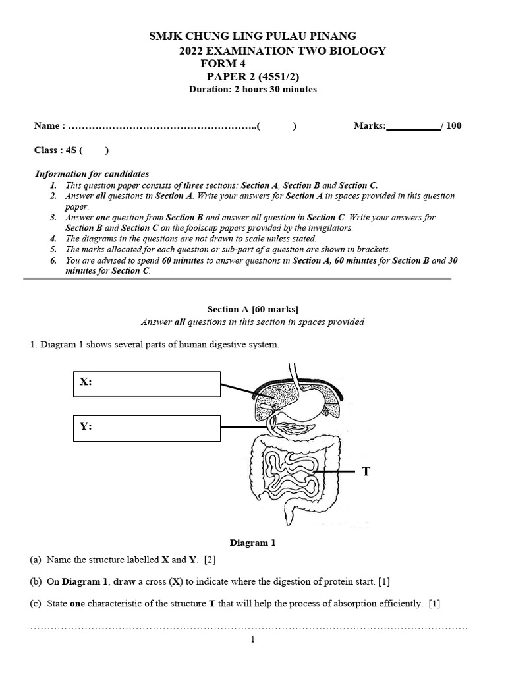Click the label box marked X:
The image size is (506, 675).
pyautogui.click(x=147, y=384)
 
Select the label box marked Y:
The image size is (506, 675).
pyautogui.click(x=147, y=427)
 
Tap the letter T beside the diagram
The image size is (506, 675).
pyautogui.click(x=366, y=471)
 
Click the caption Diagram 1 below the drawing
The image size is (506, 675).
pyautogui.click(x=252, y=543)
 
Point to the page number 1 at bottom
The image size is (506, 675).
pyautogui.click(x=253, y=639)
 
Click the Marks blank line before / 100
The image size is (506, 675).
pyautogui.click(x=413, y=126)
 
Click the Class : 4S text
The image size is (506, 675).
pyautogui.click(x=56, y=150)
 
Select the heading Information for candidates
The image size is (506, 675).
pyautogui.click(x=92, y=174)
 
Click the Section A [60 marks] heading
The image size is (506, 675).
pyautogui.click(x=252, y=308)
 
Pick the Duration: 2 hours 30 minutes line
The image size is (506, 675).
pyautogui.click(x=252, y=89)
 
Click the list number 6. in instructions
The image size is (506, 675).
pyautogui.click(x=53, y=260)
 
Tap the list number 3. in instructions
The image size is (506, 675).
pyautogui.click(x=53, y=218)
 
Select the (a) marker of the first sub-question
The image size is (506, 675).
pyautogui.click(x=36, y=560)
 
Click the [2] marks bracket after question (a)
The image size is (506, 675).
pyautogui.click(x=210, y=560)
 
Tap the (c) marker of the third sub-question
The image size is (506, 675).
pyautogui.click(x=36, y=603)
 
